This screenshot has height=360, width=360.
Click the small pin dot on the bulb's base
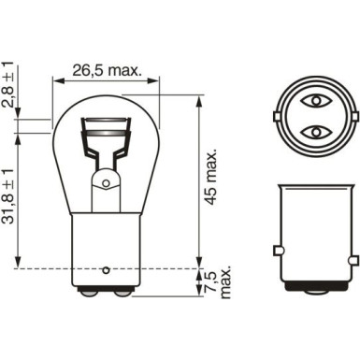(106, 264)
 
